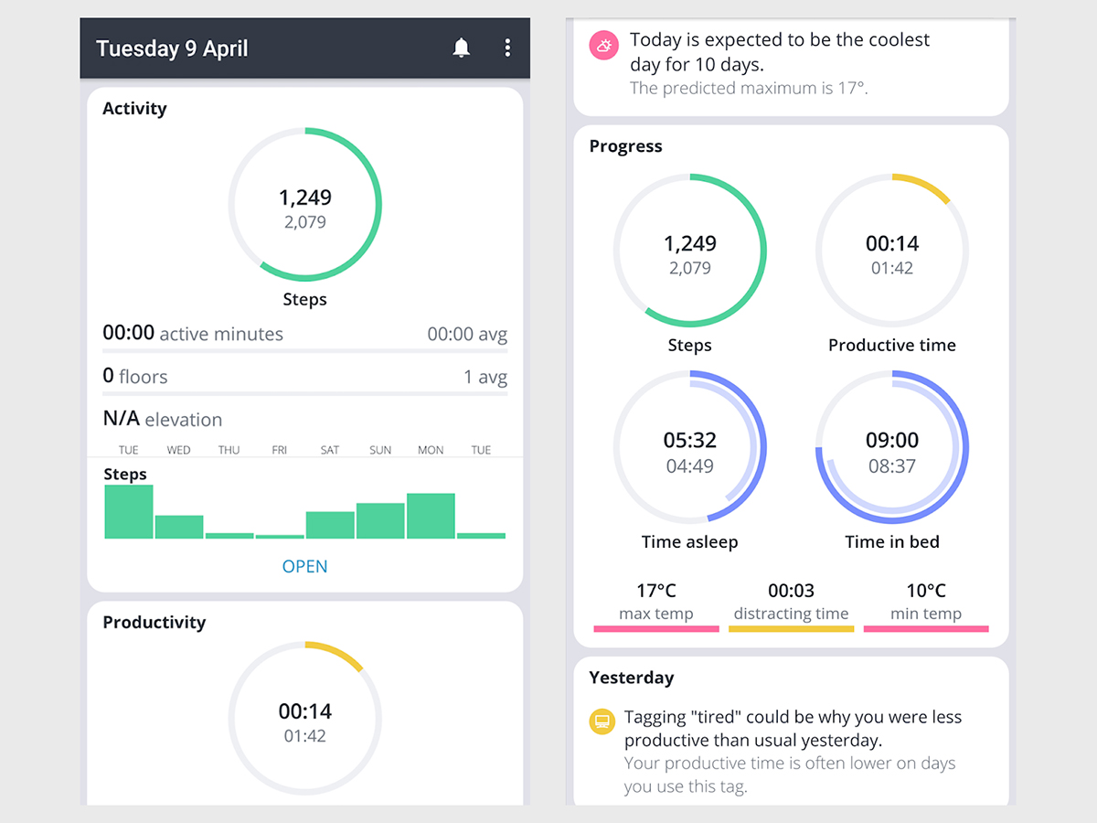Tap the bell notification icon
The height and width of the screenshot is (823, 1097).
(x=462, y=48)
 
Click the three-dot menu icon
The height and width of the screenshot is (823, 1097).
(x=507, y=48)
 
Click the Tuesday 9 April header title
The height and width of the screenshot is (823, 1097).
(x=172, y=48)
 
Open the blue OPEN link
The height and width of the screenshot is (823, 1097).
(x=304, y=566)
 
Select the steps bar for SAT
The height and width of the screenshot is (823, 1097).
(x=330, y=525)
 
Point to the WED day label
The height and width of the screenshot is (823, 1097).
(x=179, y=450)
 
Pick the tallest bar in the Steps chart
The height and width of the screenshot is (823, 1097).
(x=129, y=512)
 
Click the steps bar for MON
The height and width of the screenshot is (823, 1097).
(x=431, y=517)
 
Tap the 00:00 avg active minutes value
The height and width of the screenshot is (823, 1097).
(x=466, y=335)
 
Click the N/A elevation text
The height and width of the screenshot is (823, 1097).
(x=162, y=420)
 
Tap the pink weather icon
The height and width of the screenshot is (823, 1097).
(x=603, y=46)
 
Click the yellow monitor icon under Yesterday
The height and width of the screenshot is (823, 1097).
(x=602, y=721)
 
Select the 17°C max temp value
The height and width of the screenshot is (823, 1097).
(x=656, y=591)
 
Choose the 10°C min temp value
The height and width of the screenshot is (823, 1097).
(x=926, y=591)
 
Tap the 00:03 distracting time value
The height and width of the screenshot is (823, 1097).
(x=791, y=591)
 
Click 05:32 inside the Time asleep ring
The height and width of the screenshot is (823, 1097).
(x=689, y=440)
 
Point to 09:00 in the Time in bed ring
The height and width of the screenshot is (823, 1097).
(x=892, y=440)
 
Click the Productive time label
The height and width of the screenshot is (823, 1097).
(x=892, y=345)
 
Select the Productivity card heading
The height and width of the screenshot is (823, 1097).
(x=154, y=622)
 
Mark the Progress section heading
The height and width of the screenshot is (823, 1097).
(x=625, y=146)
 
